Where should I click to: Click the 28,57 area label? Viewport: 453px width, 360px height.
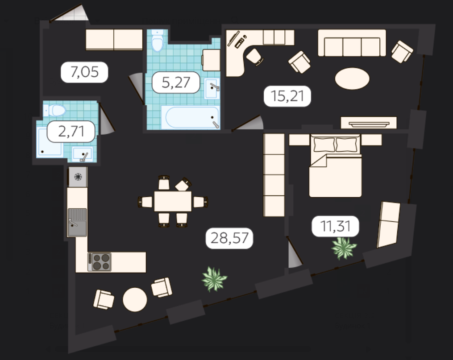[229, 238]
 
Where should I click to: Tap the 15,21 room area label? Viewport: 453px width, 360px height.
[287, 96]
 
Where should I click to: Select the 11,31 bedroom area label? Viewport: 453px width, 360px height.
[336, 226]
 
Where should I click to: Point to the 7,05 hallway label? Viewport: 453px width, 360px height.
[84, 72]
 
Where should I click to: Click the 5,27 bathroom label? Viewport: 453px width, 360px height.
[176, 82]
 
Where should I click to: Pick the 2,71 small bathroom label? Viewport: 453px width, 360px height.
[71, 132]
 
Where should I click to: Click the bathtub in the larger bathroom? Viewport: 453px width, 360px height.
[191, 117]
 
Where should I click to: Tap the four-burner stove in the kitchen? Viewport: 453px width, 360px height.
[100, 262]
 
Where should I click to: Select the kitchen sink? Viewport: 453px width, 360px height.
[77, 222]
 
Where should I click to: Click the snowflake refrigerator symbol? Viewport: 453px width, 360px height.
[78, 177]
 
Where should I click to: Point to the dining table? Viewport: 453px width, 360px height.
[173, 201]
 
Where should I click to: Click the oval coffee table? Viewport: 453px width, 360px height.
[352, 79]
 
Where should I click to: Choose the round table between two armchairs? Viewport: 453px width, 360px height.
[135, 300]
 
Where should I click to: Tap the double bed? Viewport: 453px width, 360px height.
[335, 166]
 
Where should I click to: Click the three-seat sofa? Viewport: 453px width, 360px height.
[352, 43]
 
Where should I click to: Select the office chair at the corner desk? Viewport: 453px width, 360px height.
[254, 57]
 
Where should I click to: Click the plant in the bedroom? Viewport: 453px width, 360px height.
[344, 248]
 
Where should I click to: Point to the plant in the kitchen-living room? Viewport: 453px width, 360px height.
[214, 279]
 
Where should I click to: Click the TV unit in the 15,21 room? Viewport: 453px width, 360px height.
[369, 123]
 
